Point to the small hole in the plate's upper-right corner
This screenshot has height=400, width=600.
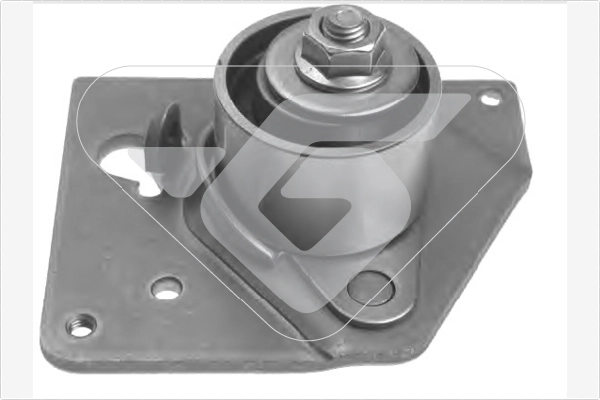tap(490, 98)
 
